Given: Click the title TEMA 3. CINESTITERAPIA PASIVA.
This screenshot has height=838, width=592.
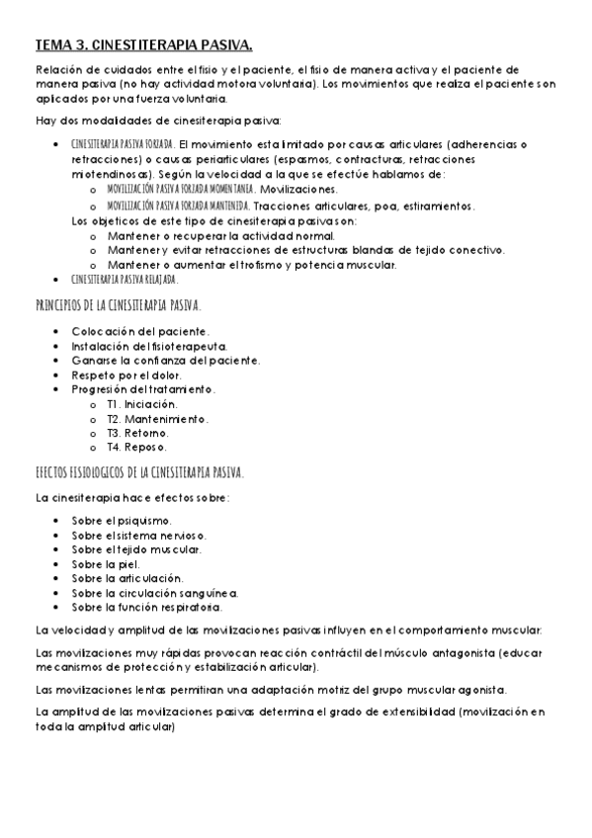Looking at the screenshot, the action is [143, 44].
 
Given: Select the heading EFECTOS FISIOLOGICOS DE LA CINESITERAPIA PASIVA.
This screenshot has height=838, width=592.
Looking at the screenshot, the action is [139, 471].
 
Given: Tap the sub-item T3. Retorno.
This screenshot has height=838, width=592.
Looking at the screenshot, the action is [136, 433].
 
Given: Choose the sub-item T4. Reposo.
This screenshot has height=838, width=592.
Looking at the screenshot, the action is [136, 447].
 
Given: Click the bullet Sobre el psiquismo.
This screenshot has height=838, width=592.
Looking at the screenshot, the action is [122, 520].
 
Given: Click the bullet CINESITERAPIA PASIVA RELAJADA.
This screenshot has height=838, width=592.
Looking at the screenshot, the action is [125, 280].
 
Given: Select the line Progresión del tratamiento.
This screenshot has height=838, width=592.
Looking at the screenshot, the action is [143, 389].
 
